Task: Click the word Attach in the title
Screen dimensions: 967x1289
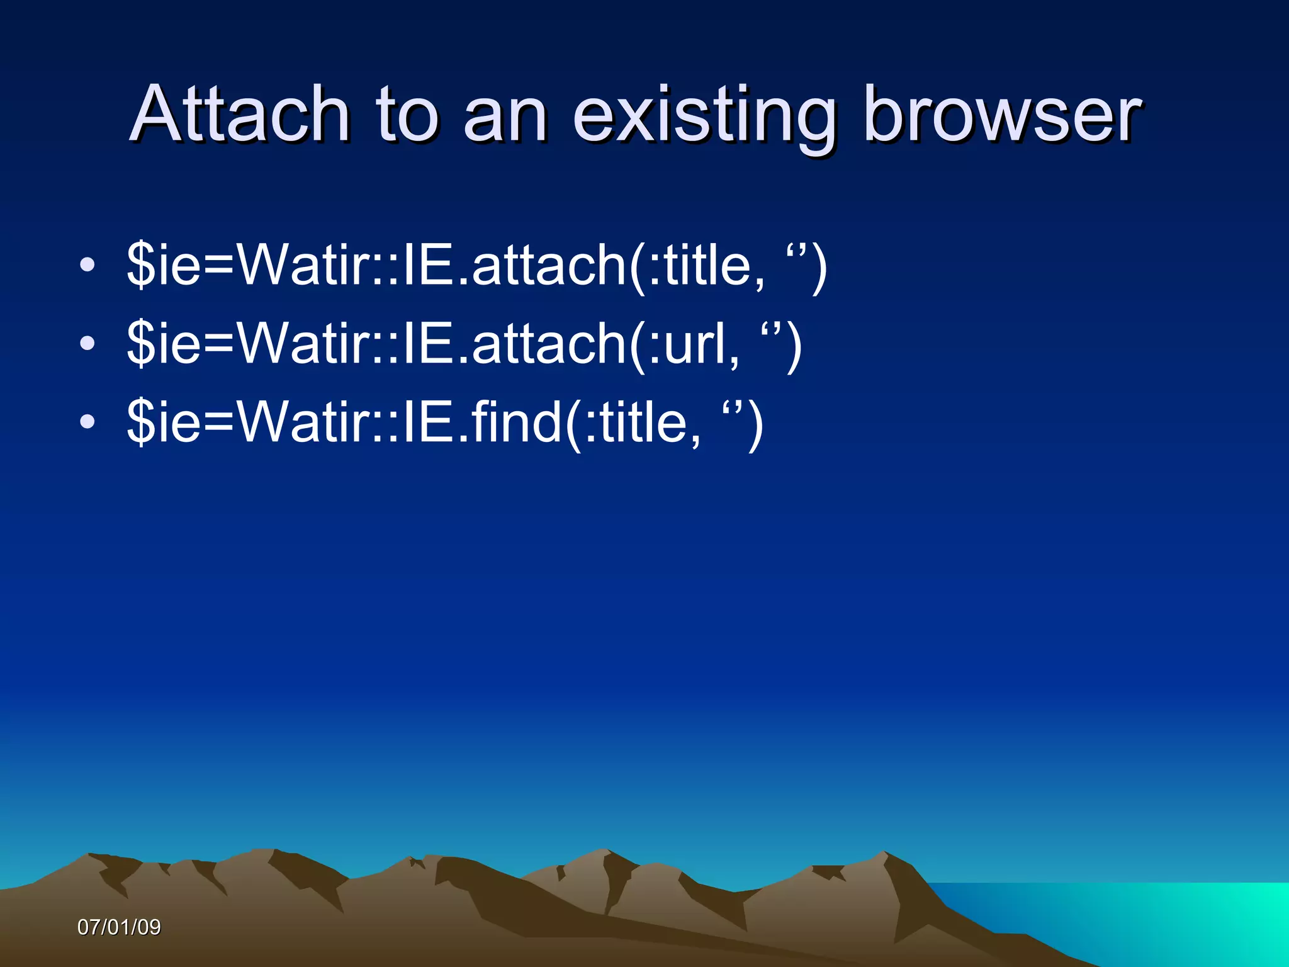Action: [239, 115]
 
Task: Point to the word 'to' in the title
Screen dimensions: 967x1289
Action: [406, 115]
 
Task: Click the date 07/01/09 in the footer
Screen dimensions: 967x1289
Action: [119, 927]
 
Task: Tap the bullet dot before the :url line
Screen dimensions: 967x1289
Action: [87, 344]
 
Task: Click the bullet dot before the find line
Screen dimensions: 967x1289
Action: [87, 422]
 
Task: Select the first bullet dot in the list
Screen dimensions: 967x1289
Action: [87, 265]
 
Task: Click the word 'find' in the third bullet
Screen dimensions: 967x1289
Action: [516, 422]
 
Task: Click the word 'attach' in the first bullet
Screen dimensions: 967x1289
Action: [548, 265]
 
